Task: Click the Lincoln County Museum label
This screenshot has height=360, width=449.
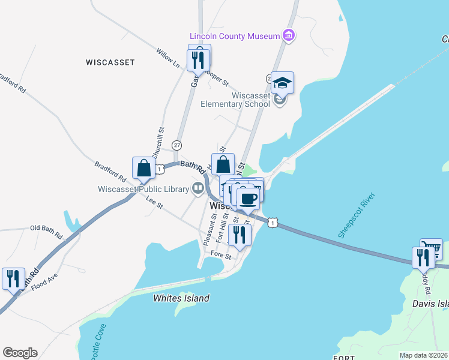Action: tap(235, 36)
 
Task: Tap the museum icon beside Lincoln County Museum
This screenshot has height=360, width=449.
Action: tap(289, 35)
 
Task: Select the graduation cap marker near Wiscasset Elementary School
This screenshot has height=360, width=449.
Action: tap(282, 83)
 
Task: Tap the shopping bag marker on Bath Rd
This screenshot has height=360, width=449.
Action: tap(144, 168)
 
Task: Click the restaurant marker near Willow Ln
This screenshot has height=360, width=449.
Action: tap(199, 58)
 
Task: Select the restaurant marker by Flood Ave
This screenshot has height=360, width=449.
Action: tap(13, 278)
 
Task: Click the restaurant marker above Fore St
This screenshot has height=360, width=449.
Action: tap(240, 235)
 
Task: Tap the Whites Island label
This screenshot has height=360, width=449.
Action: tap(181, 298)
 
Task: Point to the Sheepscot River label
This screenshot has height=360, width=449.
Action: tap(357, 216)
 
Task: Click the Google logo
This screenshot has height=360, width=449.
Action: tap(20, 353)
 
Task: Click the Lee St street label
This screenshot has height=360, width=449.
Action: tap(154, 204)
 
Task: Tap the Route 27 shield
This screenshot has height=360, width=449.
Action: tap(176, 145)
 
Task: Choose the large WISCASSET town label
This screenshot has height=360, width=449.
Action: tap(110, 62)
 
